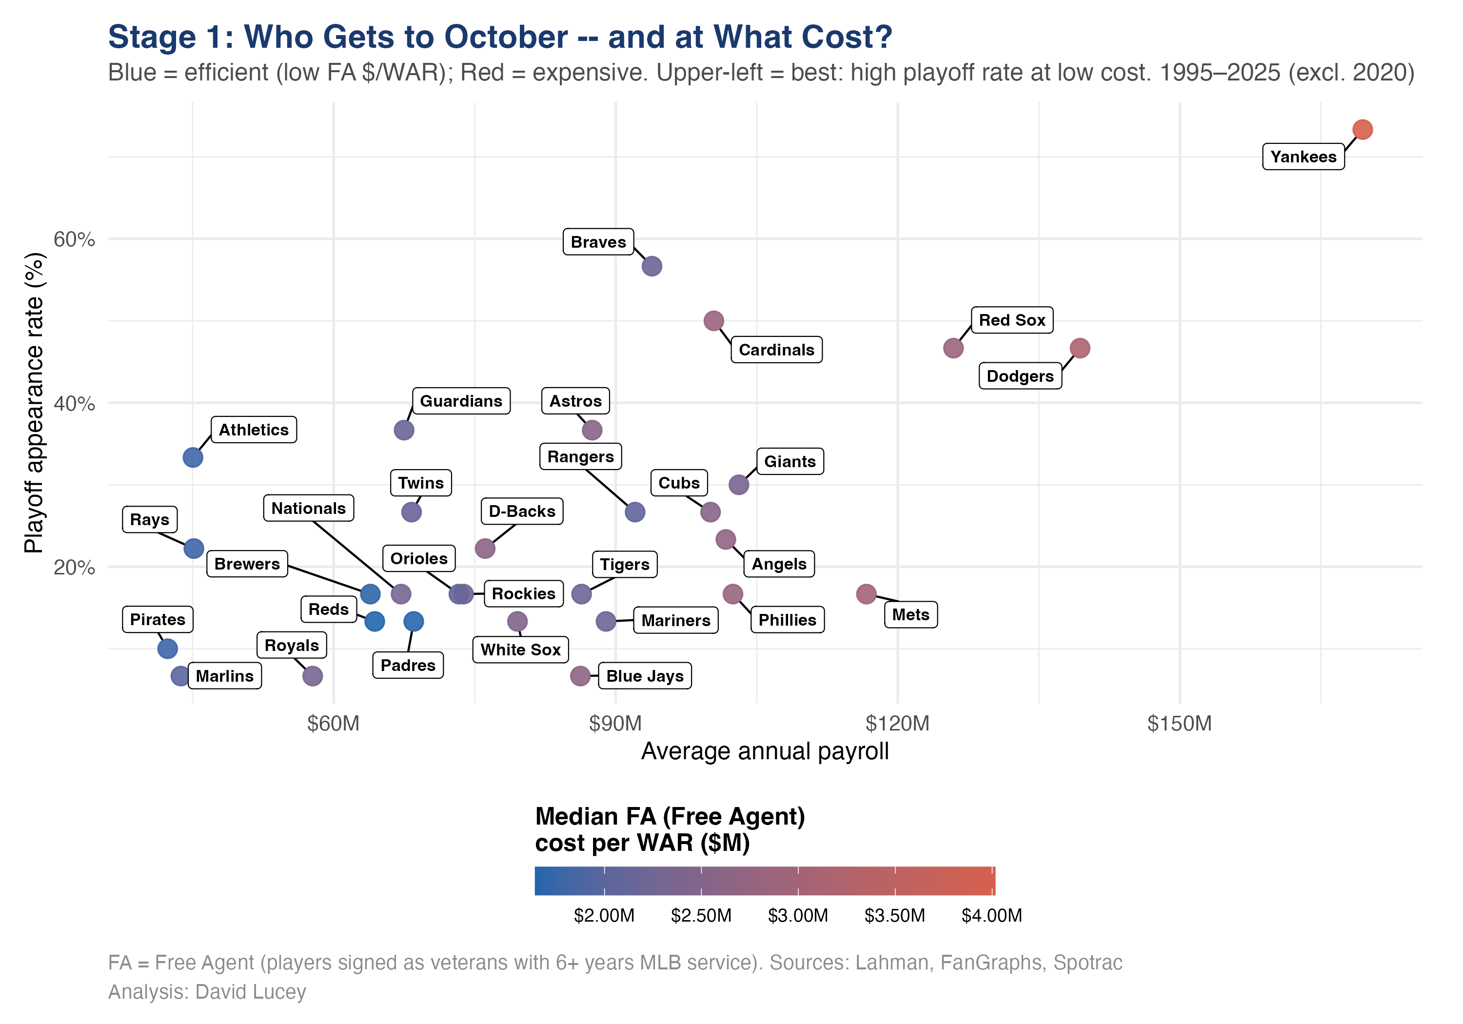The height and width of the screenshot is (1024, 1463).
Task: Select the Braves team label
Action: (598, 242)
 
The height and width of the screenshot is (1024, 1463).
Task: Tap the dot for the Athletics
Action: (193, 457)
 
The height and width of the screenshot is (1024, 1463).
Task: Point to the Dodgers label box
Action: (1020, 376)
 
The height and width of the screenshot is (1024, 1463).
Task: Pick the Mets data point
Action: (866, 594)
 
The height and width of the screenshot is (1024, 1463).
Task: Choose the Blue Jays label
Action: (644, 676)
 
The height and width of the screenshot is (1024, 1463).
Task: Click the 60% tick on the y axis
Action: (74, 239)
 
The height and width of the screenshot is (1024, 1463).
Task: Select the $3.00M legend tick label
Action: (797, 916)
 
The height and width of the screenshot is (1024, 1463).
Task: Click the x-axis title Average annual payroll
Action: (764, 751)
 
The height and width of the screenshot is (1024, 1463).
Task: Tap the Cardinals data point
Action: (713, 320)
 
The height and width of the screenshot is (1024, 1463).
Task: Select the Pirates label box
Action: (158, 619)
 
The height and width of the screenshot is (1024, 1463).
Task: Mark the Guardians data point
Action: (404, 430)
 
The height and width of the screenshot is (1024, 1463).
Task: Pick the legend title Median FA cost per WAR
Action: (669, 829)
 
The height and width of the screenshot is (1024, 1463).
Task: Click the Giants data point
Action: (738, 485)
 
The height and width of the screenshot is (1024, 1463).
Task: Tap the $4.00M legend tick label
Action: (991, 916)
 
